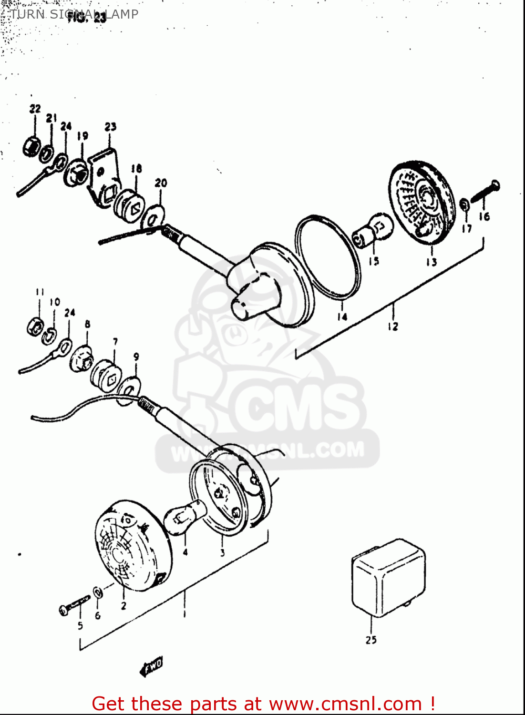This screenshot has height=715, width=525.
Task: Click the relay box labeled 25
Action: [x=388, y=578]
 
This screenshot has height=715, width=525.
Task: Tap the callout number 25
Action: [x=371, y=640]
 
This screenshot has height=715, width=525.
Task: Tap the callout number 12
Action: [x=392, y=327]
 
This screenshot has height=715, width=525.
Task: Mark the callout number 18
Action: [x=136, y=168]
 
